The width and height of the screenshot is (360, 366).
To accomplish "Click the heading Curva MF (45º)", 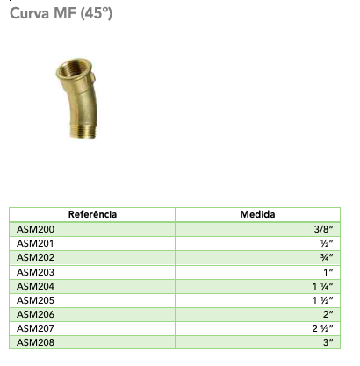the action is click(x=61, y=13).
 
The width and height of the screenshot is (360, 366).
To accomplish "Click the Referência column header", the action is click(x=92, y=214).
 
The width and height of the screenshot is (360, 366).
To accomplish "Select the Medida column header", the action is click(x=257, y=214).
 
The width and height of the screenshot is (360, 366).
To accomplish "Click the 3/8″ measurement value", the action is click(x=323, y=229).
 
